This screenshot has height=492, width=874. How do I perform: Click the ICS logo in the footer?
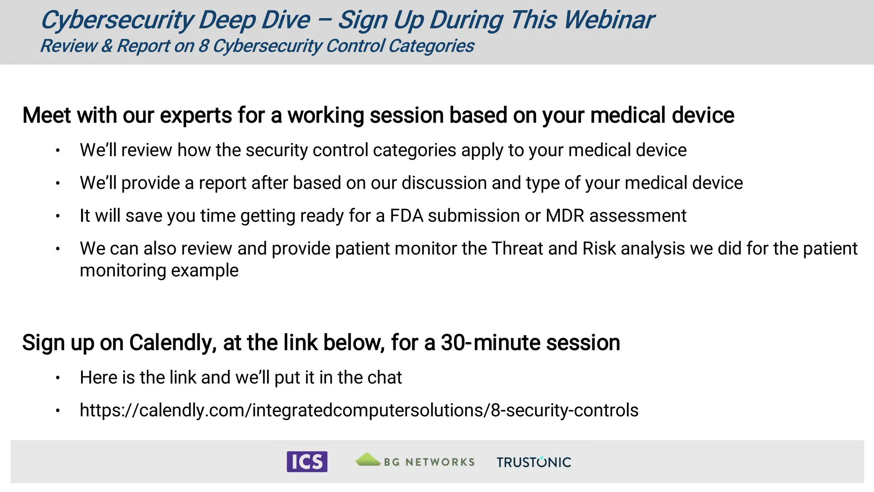pyautogui.click(x=307, y=462)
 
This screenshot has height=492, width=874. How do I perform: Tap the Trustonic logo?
pyautogui.click(x=533, y=462)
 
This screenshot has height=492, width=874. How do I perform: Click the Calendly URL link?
pyautogui.click(x=359, y=410)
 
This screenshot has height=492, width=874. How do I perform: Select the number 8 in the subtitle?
pyautogui.click(x=204, y=46)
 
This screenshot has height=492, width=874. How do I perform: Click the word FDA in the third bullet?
pyautogui.click(x=406, y=216)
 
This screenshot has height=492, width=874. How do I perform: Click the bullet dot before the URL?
pyautogui.click(x=58, y=411)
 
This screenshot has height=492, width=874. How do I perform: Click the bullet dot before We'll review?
pyautogui.click(x=58, y=150)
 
